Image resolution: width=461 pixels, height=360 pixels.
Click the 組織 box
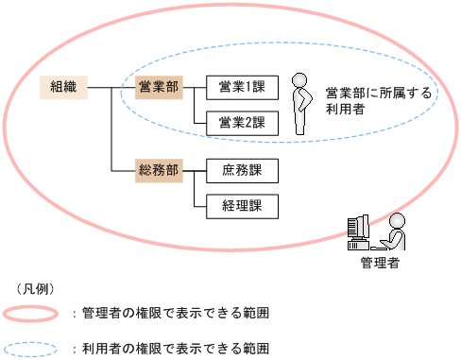63,88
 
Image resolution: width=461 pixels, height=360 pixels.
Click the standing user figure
301,105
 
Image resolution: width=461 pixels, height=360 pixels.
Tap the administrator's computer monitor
358,228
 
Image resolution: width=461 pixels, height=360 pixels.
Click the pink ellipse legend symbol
33,313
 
